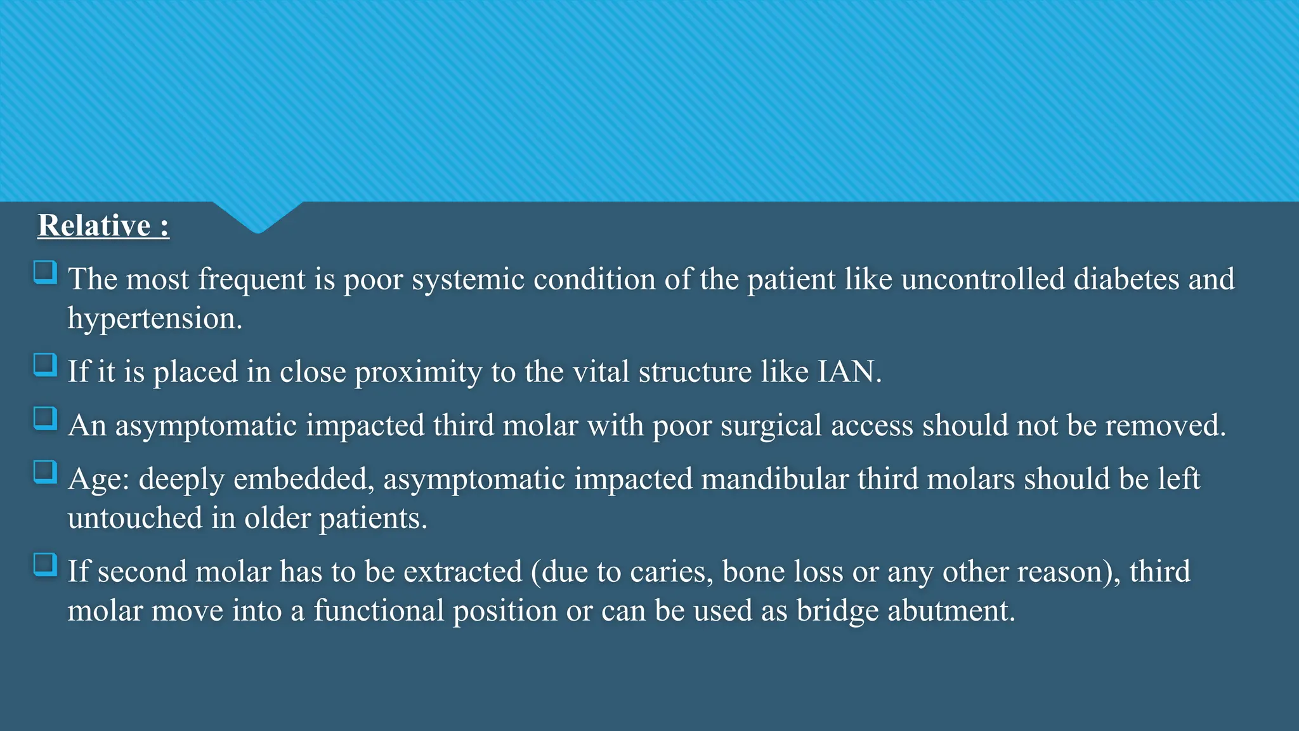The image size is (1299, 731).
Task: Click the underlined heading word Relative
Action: pos(94,226)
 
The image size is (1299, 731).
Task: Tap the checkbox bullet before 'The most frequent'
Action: pos(45,273)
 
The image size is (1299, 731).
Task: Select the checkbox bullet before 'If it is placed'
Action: pos(45,365)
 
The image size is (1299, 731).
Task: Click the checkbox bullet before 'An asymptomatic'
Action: pos(45,419)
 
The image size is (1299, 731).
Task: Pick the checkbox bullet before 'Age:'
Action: pos(45,473)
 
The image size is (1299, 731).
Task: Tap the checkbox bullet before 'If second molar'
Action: pos(45,565)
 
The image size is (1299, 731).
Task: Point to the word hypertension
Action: pos(155,319)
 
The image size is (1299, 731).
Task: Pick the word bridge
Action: pos(837,611)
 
